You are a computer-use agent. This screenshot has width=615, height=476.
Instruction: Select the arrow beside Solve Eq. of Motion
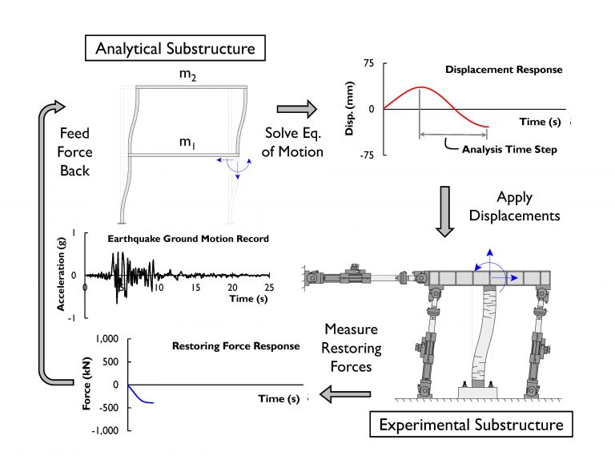295,108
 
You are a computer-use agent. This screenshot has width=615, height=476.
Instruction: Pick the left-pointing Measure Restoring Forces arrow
345,393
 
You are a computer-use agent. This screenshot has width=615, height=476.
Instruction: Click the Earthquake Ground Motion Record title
188,238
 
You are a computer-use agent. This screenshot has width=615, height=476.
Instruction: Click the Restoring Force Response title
235,346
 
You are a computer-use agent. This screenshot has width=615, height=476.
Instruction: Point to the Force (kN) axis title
86,385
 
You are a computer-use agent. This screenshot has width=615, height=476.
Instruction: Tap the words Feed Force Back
75,151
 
